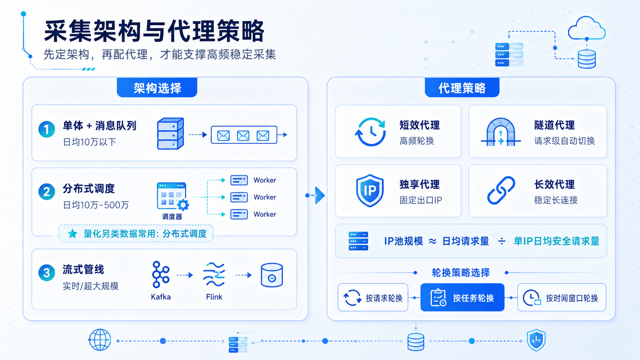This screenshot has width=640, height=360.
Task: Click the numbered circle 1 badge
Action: pyautogui.click(x=47, y=129)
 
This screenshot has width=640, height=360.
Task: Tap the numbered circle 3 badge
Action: pyautogui.click(x=47, y=273)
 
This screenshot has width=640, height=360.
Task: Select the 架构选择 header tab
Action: pyautogui.click(x=157, y=88)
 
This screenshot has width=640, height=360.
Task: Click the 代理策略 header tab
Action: pyautogui.click(x=462, y=88)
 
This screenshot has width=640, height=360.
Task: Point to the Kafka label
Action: pyautogui.click(x=161, y=297)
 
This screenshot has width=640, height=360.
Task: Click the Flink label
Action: pyautogui.click(x=214, y=297)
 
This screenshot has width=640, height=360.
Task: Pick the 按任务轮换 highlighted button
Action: pyautogui.click(x=462, y=298)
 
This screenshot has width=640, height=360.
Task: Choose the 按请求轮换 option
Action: pyautogui.click(x=373, y=298)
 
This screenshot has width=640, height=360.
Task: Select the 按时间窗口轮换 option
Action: pyautogui.click(x=562, y=298)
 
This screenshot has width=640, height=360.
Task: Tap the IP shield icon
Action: pyautogui.click(x=370, y=191)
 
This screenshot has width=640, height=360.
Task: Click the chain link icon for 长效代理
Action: pyautogui.click(x=501, y=191)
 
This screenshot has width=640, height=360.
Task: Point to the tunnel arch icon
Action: pyautogui.click(x=501, y=132)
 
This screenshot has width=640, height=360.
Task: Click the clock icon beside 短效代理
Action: pyautogui.click(x=370, y=132)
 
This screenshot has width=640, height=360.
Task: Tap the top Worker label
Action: pyautogui.click(x=265, y=180)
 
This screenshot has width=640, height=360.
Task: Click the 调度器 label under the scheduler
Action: pyautogui.click(x=172, y=217)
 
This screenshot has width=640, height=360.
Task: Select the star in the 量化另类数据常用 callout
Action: pyautogui.click(x=73, y=233)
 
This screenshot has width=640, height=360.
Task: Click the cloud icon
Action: pyautogui.click(x=586, y=28)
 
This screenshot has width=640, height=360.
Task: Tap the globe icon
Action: pyautogui.click(x=100, y=340)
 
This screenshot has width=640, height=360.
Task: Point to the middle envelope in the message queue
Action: pyautogui.click(x=243, y=135)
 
